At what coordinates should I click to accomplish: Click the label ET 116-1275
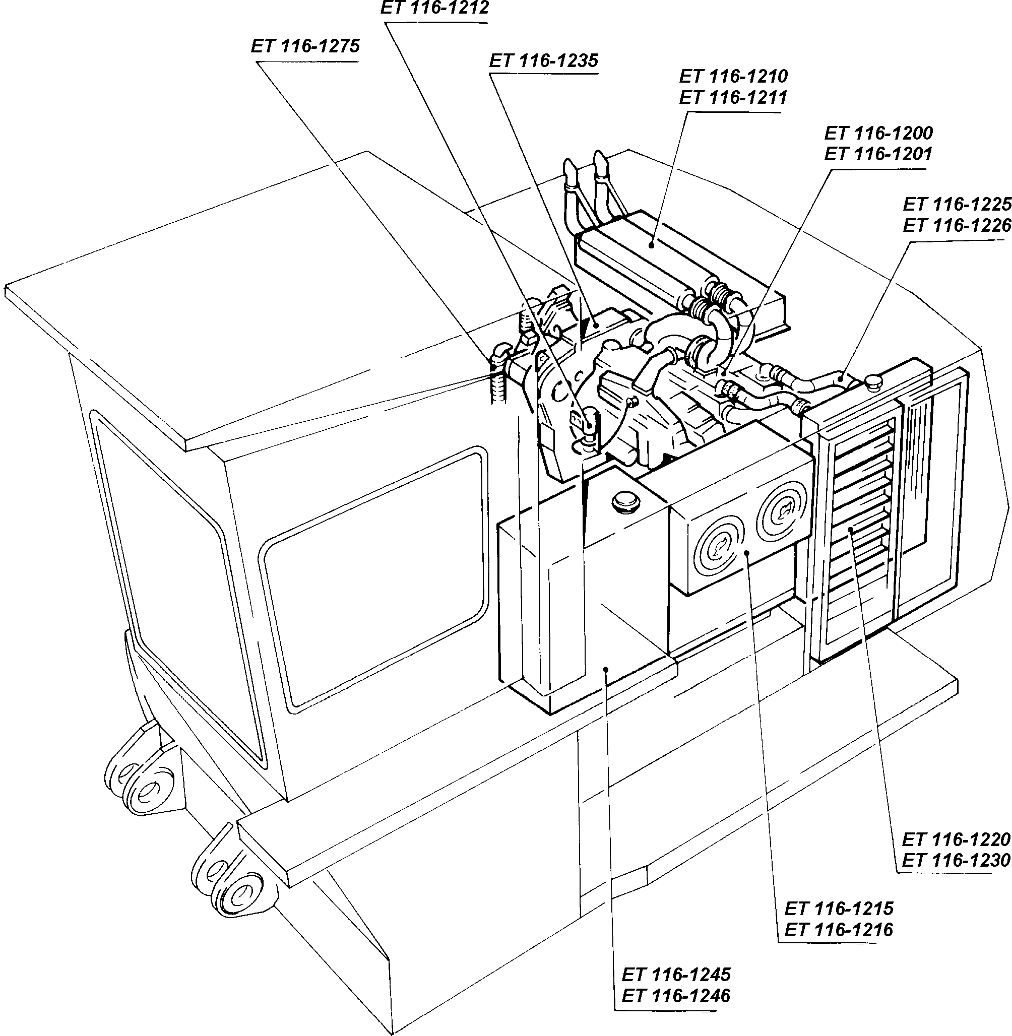[x=305, y=47]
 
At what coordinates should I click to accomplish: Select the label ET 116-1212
[x=435, y=8]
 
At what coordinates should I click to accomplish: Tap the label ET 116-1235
[x=544, y=60]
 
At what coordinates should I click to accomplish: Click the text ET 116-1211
[x=733, y=98]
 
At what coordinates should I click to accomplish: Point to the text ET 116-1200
[x=878, y=133]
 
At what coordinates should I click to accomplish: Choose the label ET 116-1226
[x=956, y=226]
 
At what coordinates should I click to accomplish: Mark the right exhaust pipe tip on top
[x=601, y=162]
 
